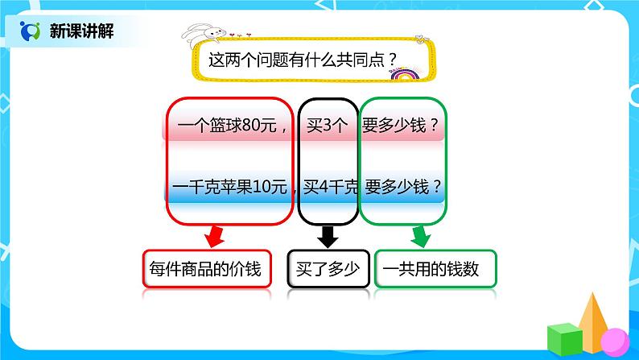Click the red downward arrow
[x=215, y=236]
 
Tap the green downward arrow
[x=421, y=236]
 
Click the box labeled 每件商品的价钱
[x=206, y=269]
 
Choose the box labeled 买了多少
[x=327, y=269]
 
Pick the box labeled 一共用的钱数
[x=434, y=269]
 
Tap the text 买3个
[x=327, y=126]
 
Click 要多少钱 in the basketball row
[x=403, y=126]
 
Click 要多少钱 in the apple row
[x=403, y=188]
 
